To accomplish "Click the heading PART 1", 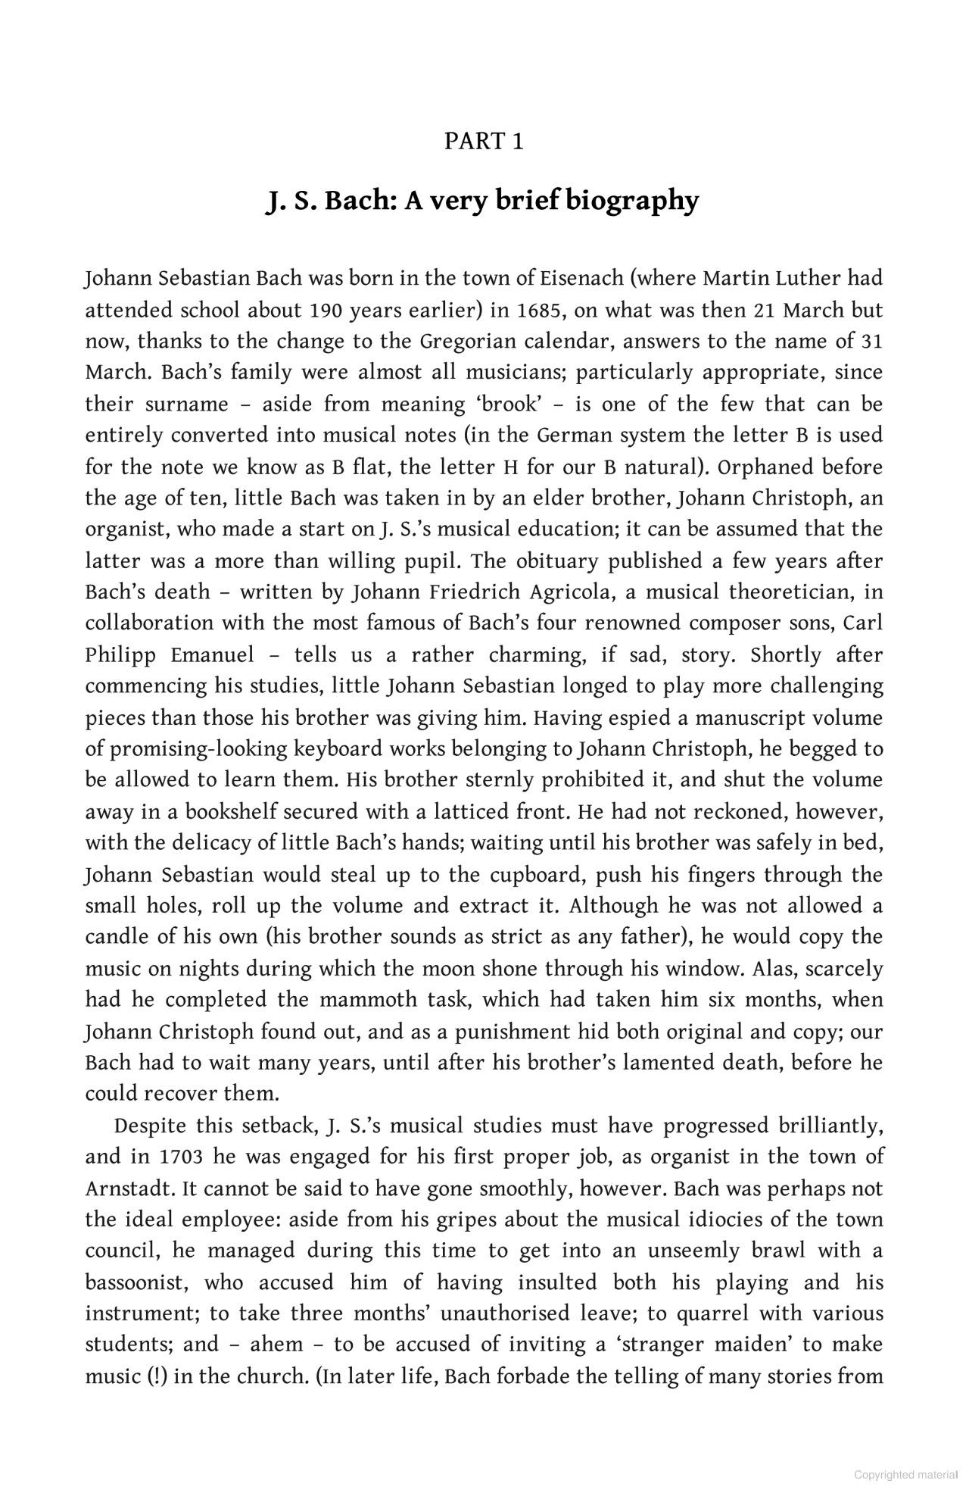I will point(484,142).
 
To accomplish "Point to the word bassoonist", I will point(134,1282).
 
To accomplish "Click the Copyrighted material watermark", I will point(905,1475).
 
